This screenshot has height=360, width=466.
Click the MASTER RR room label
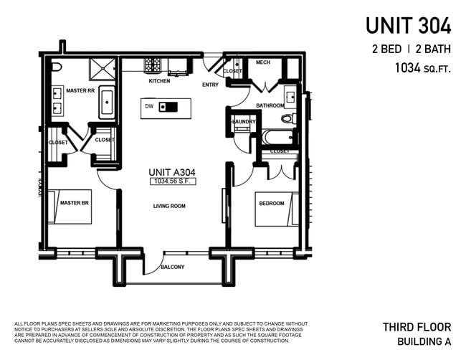point(80,90)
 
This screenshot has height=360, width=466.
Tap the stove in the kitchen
point(153,66)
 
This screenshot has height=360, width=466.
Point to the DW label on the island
point(149,107)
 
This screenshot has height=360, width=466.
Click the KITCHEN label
point(159,81)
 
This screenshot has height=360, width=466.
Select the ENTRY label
point(210,85)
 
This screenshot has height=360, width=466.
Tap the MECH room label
point(263,62)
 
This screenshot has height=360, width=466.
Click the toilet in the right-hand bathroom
point(288,119)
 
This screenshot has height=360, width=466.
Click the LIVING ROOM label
point(169,206)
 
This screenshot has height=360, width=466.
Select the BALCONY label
point(172,267)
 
